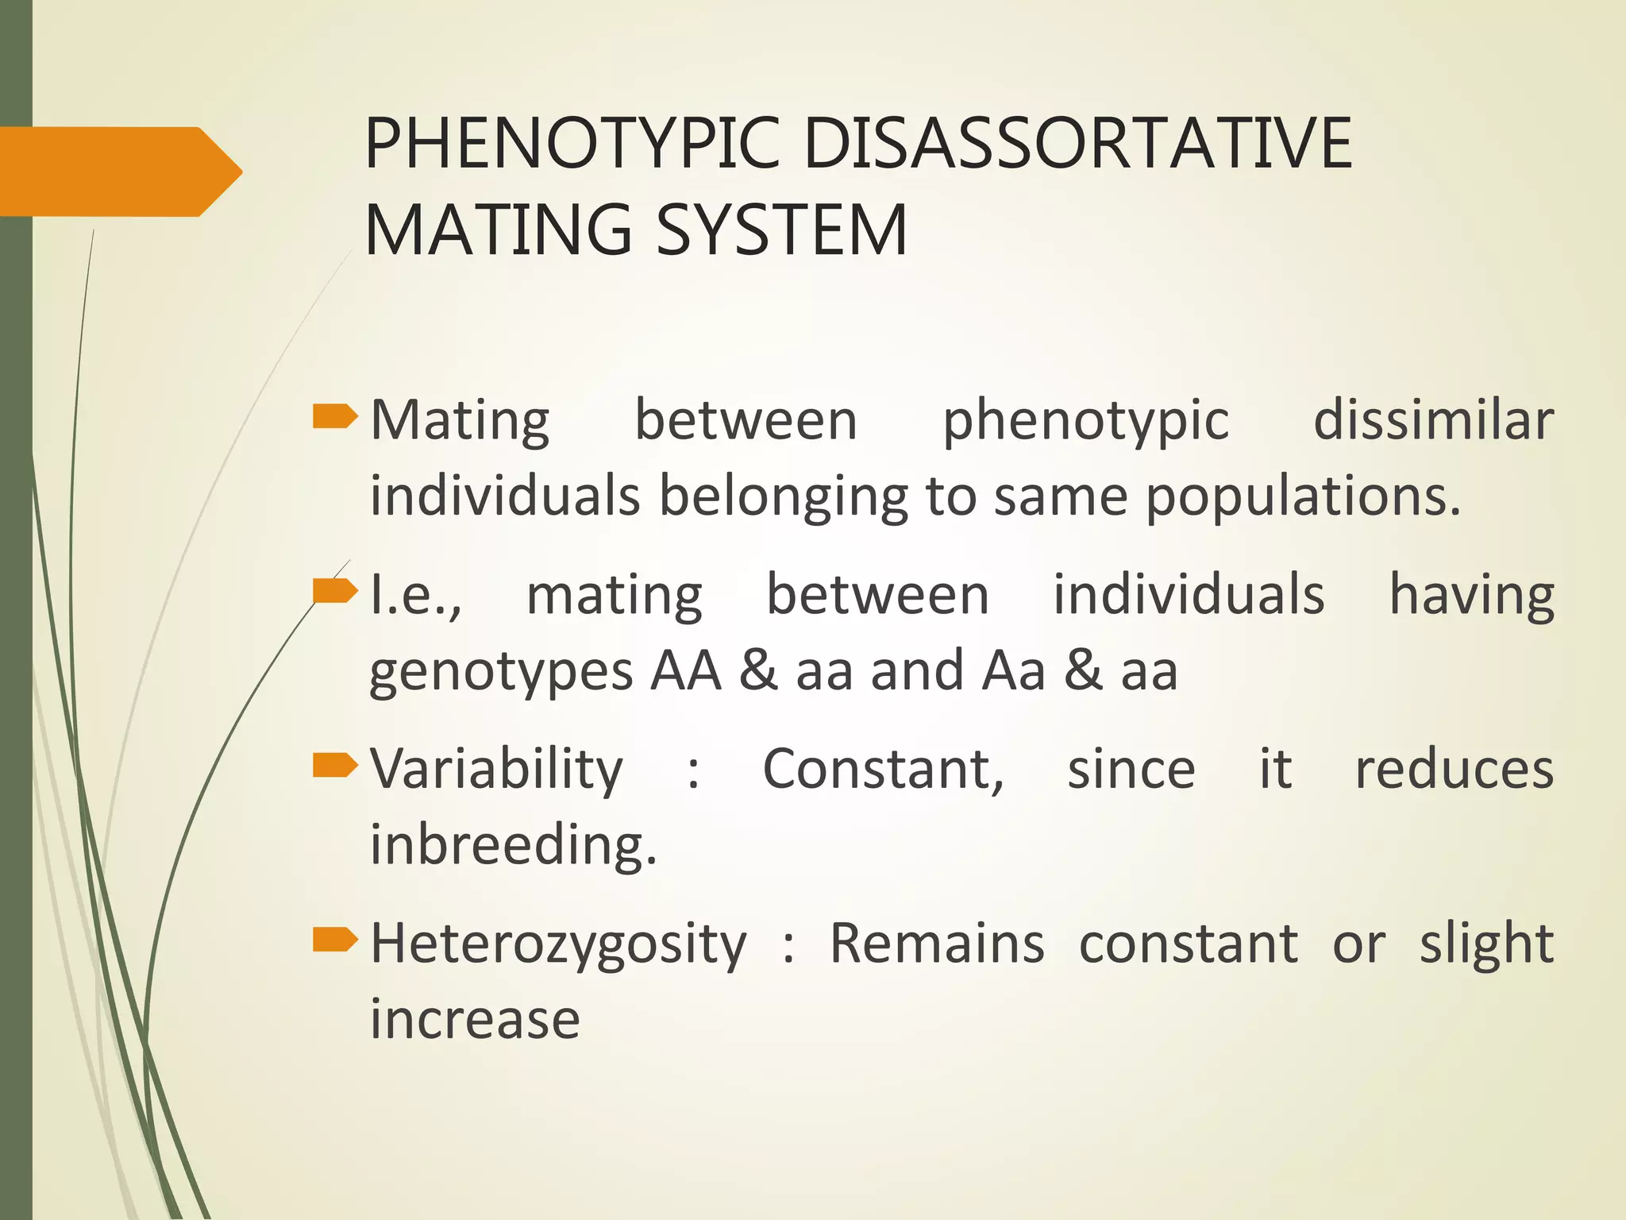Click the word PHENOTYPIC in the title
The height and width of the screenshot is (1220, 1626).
pos(572,143)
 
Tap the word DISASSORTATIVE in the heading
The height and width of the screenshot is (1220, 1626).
pos(1077,143)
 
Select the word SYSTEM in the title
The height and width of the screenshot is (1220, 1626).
pos(782,230)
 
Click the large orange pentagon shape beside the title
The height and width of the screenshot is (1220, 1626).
pos(119,172)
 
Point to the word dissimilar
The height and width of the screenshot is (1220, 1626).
pos(1433,420)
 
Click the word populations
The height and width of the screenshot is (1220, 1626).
pos(1302,496)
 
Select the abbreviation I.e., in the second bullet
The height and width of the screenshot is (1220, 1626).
pos(416,595)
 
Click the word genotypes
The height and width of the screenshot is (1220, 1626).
pos(501,672)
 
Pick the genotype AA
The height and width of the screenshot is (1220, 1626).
pos(686,670)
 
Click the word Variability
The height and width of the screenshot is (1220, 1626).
pos(497,770)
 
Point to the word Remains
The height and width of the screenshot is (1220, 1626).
pos(937,943)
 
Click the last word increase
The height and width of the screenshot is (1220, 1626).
pos(475,1019)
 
